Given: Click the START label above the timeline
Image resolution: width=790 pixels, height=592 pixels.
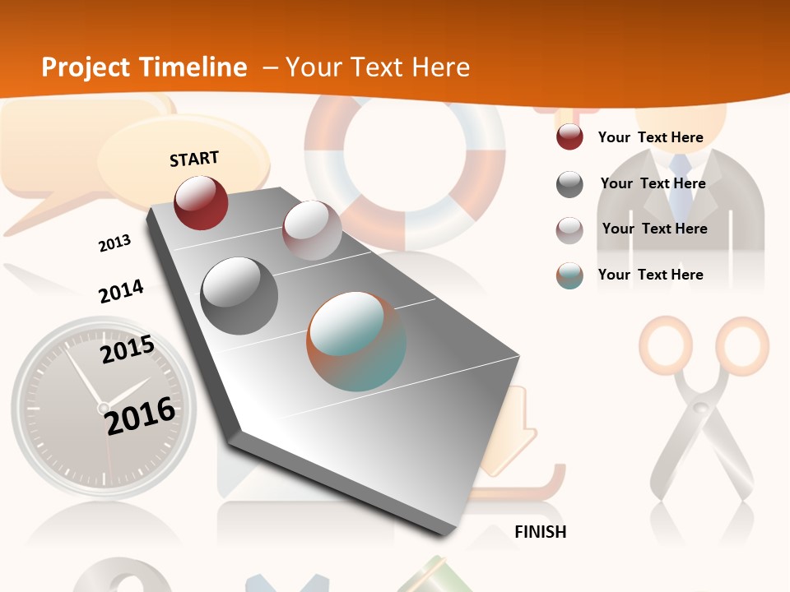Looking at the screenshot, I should click(194, 159).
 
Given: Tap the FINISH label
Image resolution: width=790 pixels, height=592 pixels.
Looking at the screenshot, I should click(540, 532).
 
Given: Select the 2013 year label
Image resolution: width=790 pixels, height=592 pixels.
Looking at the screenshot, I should click(114, 243).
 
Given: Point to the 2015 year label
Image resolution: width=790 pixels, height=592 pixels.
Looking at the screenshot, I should click(127, 349).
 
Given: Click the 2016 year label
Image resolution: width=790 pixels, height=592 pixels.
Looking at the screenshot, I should click(140, 415).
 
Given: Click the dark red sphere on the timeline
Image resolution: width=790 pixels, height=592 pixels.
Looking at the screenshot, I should click(201, 202).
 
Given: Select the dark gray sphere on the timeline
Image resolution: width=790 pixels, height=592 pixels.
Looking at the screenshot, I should click(239, 295).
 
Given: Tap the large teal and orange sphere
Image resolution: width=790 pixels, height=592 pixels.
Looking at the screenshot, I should click(356, 341).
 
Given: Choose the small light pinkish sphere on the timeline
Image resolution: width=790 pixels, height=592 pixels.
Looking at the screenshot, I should click(312, 229).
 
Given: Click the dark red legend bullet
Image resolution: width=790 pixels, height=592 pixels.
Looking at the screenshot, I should click(569, 137).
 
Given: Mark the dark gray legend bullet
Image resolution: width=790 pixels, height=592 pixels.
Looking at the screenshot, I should click(569, 184).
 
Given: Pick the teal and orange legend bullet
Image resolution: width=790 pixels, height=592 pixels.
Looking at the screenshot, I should click(569, 275).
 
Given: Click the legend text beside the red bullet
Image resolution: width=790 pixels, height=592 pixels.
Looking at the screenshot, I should click(650, 137).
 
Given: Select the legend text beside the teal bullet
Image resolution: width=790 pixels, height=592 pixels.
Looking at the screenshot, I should click(650, 275).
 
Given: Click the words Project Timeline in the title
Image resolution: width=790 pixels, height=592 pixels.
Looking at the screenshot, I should click(144, 67).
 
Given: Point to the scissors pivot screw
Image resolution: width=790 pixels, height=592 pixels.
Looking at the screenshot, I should click(701, 408).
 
